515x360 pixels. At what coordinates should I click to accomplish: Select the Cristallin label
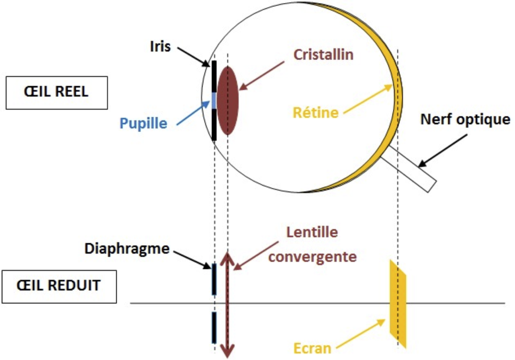tap(324, 55)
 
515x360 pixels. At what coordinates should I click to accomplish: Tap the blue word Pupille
tap(143, 123)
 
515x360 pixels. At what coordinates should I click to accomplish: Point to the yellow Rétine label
tap(316, 112)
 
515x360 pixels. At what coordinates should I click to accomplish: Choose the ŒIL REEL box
tap(56, 93)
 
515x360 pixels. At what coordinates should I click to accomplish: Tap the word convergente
tap(312, 256)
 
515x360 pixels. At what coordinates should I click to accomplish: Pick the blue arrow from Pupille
tap(192, 111)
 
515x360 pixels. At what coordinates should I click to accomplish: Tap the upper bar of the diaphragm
tap(214, 279)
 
